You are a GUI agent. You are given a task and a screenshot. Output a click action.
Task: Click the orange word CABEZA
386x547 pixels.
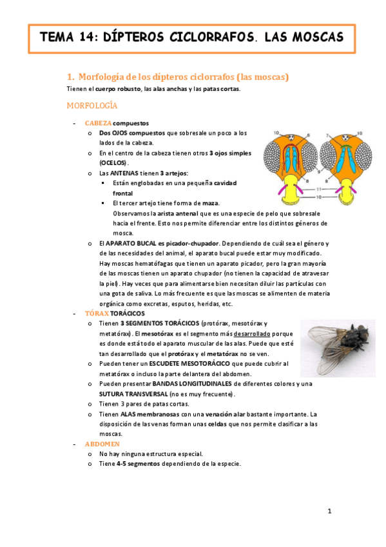coord(98,123)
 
